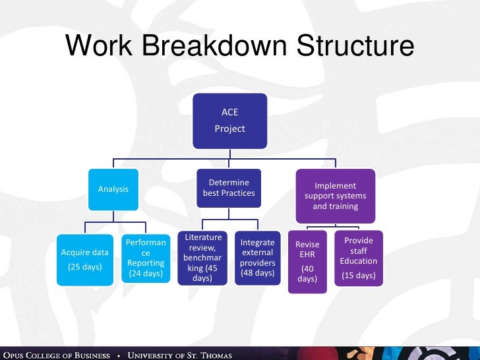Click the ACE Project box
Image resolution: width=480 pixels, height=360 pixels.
click(229, 121)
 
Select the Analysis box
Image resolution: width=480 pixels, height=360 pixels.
click(113, 189)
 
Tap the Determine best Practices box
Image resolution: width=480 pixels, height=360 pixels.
click(229, 188)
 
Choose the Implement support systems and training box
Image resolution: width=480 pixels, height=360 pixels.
click(336, 196)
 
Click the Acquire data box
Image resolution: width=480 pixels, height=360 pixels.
click(84, 259)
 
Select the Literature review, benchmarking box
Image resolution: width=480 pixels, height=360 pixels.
click(203, 258)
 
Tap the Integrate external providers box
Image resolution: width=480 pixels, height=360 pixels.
click(258, 258)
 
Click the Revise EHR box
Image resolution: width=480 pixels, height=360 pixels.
click(307, 262)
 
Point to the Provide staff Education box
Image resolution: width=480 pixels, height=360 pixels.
click(359, 258)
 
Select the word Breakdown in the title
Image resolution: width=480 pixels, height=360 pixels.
click(212, 47)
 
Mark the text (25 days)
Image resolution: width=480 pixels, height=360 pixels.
click(84, 267)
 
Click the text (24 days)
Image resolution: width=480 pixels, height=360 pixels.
click(146, 273)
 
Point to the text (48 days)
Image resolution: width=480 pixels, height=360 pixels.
click(257, 273)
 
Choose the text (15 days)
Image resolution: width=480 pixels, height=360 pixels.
click(359, 275)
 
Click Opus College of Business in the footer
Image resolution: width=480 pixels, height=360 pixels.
click(55, 355)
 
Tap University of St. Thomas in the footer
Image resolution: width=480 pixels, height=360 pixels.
click(180, 355)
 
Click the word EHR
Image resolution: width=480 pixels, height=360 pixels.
click(307, 255)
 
